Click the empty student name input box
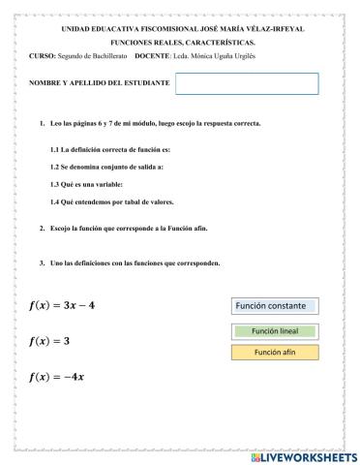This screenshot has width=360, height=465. (x=247, y=83)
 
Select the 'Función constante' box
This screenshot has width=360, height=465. (x=275, y=306)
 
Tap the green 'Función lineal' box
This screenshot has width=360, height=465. (x=275, y=331)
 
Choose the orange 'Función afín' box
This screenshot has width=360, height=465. (x=275, y=352)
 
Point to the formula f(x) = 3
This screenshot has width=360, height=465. (x=49, y=341)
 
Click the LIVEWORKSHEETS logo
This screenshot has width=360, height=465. (x=303, y=455)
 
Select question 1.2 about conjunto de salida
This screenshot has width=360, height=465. (x=106, y=168)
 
